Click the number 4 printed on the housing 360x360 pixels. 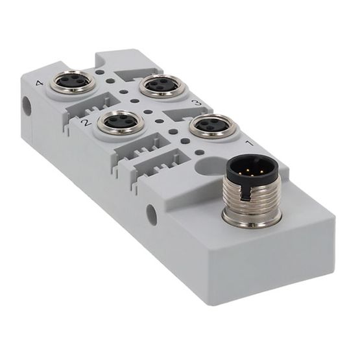[x=42, y=84]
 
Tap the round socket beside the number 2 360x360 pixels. [x=121, y=121]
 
